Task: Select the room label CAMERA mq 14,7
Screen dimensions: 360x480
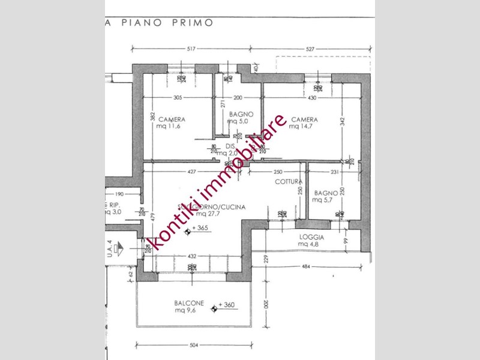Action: pos(304,123)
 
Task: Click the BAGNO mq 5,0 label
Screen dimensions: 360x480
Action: pos(240,118)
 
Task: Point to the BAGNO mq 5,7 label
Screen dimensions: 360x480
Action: pos(326,197)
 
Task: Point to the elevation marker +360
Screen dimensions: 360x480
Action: pos(226,305)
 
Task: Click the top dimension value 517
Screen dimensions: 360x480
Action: pos(192,49)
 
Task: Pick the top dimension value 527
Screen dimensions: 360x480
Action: pos(310,49)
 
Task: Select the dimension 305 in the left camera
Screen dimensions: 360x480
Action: pos(178,98)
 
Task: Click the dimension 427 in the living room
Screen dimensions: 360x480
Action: pos(191,172)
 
